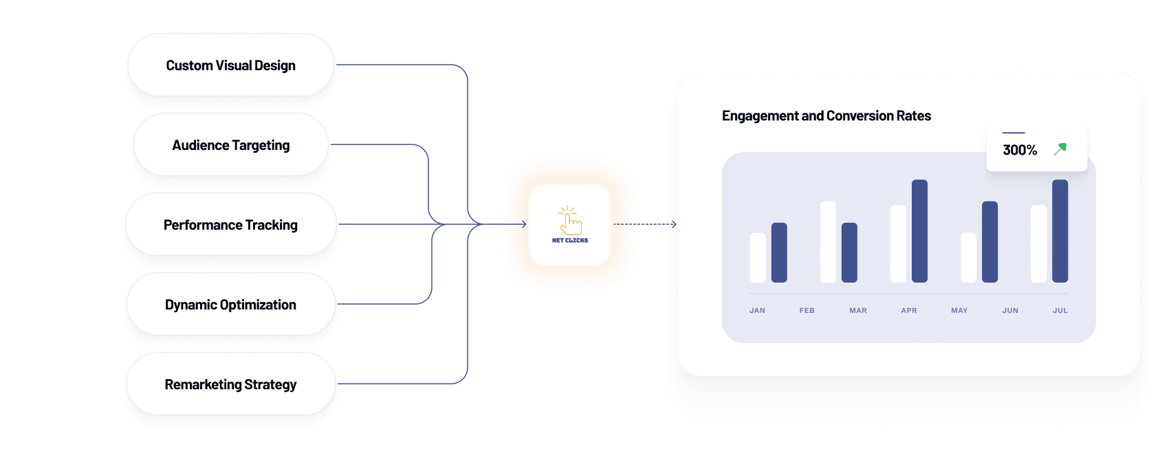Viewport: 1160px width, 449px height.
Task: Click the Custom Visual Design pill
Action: pos(231,65)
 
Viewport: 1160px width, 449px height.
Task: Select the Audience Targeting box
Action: pos(231,144)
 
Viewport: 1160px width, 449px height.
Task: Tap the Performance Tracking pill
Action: pos(231,224)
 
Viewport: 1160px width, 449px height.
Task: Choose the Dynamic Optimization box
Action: pos(231,304)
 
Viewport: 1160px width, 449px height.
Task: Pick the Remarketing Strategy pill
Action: pos(231,384)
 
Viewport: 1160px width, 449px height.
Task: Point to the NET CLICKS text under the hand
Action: pos(570,240)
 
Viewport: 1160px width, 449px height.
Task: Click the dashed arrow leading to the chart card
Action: pos(645,224)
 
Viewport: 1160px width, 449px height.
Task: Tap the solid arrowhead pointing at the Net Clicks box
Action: pos(524,224)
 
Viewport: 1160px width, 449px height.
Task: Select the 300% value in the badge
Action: pos(1020,150)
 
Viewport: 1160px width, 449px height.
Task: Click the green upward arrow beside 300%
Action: pos(1060,149)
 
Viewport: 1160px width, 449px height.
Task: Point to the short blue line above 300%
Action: pos(1014,133)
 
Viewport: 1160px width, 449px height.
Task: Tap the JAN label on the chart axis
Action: pos(757,310)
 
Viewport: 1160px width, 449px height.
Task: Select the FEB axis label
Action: pos(807,310)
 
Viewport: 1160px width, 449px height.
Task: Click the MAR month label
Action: pos(858,310)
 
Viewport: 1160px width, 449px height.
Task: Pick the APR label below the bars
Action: pos(909,310)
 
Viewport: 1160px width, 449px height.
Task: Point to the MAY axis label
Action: pos(959,310)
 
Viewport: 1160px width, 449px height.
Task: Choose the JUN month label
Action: pos(1010,310)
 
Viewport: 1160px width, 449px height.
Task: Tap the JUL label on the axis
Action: pos(1060,310)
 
